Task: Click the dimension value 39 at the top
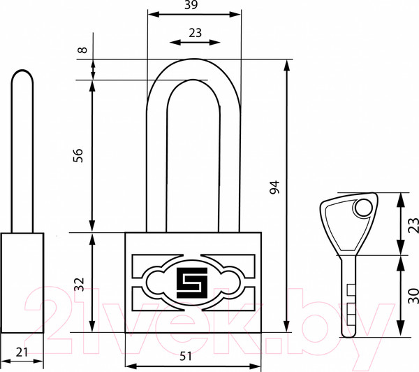click(191, 5)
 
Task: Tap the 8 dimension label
click(83, 50)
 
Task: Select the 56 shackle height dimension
click(78, 155)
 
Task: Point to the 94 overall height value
click(274, 187)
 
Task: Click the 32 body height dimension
click(79, 285)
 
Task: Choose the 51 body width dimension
click(186, 356)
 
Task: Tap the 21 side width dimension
click(22, 352)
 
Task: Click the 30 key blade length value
click(413, 296)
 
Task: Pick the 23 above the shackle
click(195, 33)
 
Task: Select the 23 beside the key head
click(413, 225)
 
